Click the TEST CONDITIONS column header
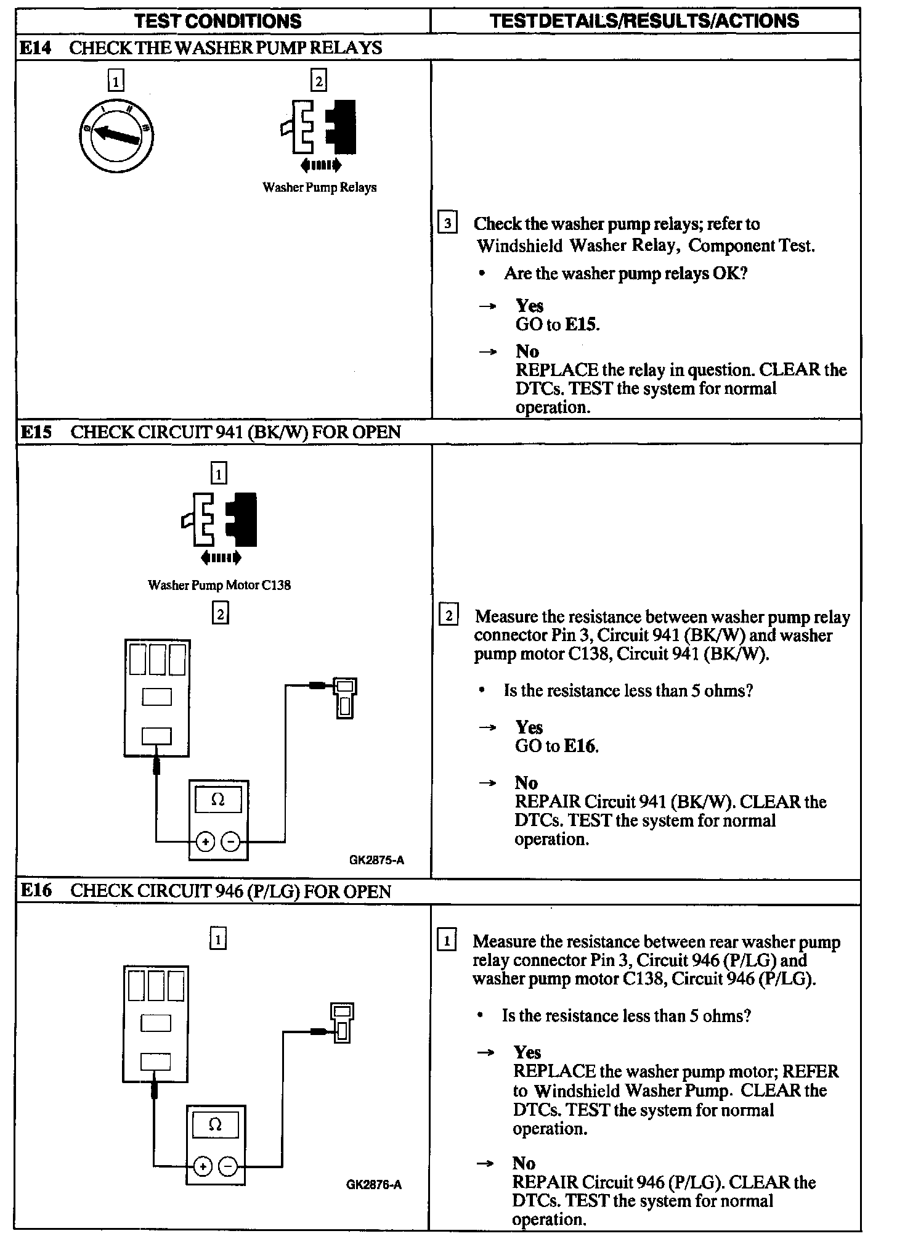218,21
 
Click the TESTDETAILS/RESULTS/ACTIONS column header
644,21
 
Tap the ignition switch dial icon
116,136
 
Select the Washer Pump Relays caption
319,187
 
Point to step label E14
36,47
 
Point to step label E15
36,432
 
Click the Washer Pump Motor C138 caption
219,585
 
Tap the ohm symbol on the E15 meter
218,800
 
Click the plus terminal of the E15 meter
205,841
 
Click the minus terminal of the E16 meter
227,1166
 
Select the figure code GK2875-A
376,860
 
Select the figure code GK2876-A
374,1184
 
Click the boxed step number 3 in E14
447,223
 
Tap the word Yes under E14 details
530,306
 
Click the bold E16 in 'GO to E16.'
580,747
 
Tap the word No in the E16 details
524,1163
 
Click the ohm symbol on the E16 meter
215,1124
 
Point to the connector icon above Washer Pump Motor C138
221,520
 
